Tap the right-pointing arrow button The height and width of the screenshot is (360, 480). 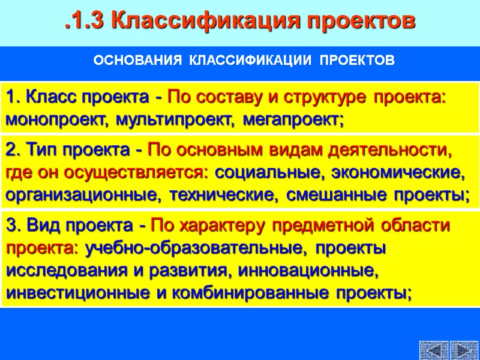pos(463,350)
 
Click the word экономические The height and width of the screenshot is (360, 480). pos(397,173)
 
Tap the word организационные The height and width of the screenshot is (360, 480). pos(83,196)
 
